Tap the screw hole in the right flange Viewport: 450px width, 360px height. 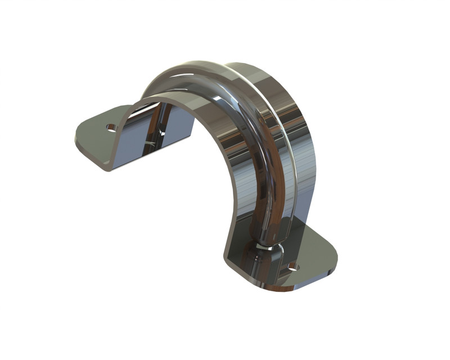[x=292, y=266]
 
